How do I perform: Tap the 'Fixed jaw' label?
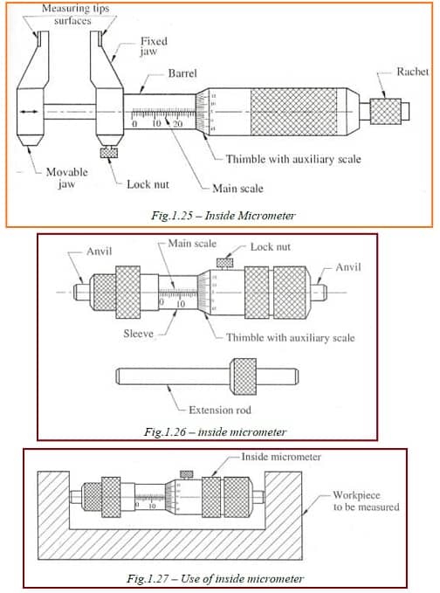tap(155, 47)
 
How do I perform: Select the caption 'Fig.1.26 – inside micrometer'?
tap(215, 431)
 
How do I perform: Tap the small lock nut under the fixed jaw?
tap(110, 155)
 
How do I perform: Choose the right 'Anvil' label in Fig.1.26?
tap(347, 266)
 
